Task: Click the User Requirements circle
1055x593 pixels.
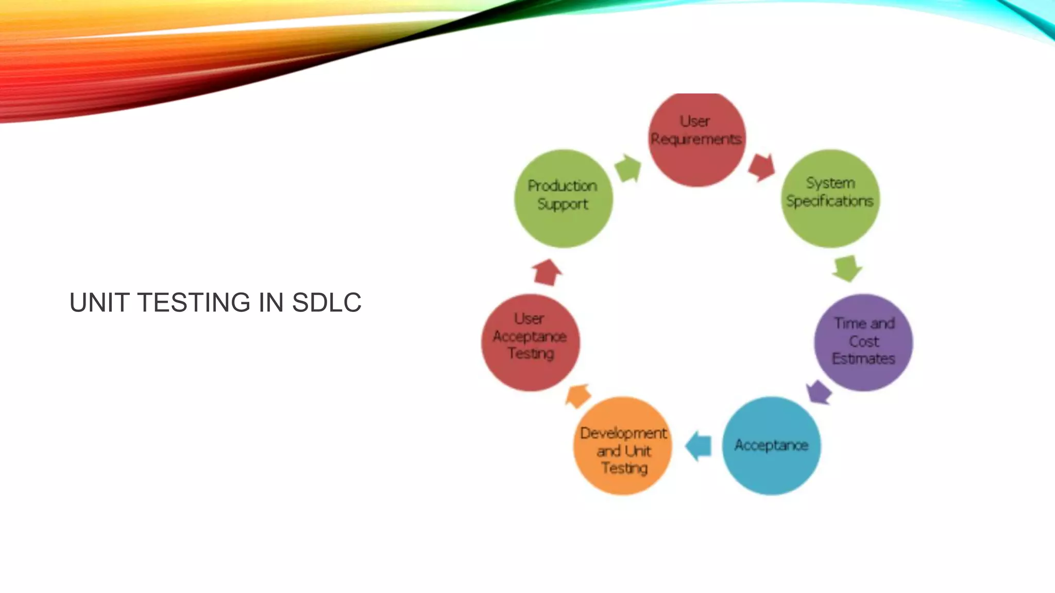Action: tap(696, 139)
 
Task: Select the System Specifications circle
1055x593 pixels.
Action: tap(830, 198)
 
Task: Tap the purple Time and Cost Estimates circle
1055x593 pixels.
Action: tap(863, 342)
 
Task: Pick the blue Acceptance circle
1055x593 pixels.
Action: tap(771, 446)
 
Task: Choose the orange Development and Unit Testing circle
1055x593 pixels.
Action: tap(623, 446)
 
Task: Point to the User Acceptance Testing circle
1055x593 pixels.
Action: tap(531, 342)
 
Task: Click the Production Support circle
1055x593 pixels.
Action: tap(563, 198)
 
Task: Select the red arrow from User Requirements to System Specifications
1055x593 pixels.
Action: tap(761, 167)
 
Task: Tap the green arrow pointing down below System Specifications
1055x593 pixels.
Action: tap(846, 268)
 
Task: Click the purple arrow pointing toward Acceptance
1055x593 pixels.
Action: tap(819, 392)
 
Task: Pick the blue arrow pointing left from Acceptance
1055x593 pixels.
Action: tap(699, 446)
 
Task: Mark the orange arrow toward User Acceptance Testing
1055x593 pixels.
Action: tap(578, 396)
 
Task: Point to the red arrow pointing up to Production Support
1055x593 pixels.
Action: tap(547, 272)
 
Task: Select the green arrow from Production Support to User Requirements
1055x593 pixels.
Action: tap(628, 168)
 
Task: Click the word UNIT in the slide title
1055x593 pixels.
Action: tap(99, 302)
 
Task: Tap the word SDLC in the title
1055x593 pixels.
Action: tap(327, 302)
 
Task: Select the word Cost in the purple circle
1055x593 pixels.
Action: tap(864, 341)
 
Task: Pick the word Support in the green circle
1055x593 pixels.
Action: tap(563, 204)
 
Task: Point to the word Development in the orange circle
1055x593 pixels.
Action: tap(623, 433)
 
